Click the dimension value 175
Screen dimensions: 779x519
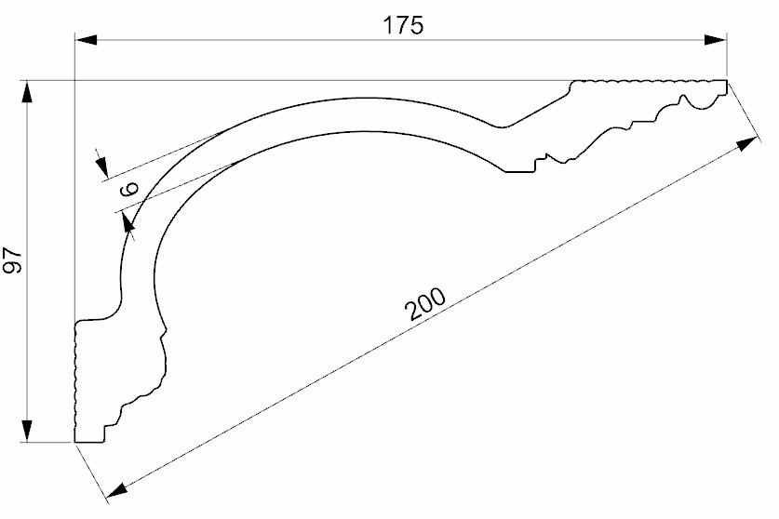(x=403, y=25)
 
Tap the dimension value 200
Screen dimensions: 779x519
(x=425, y=303)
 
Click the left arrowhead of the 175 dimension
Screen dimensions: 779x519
(x=86, y=40)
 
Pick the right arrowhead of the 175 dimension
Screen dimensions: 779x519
(x=716, y=40)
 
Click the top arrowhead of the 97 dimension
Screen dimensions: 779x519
(x=27, y=92)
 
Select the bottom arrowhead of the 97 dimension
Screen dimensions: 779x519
(x=27, y=431)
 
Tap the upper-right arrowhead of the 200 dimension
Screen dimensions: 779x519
(x=747, y=144)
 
